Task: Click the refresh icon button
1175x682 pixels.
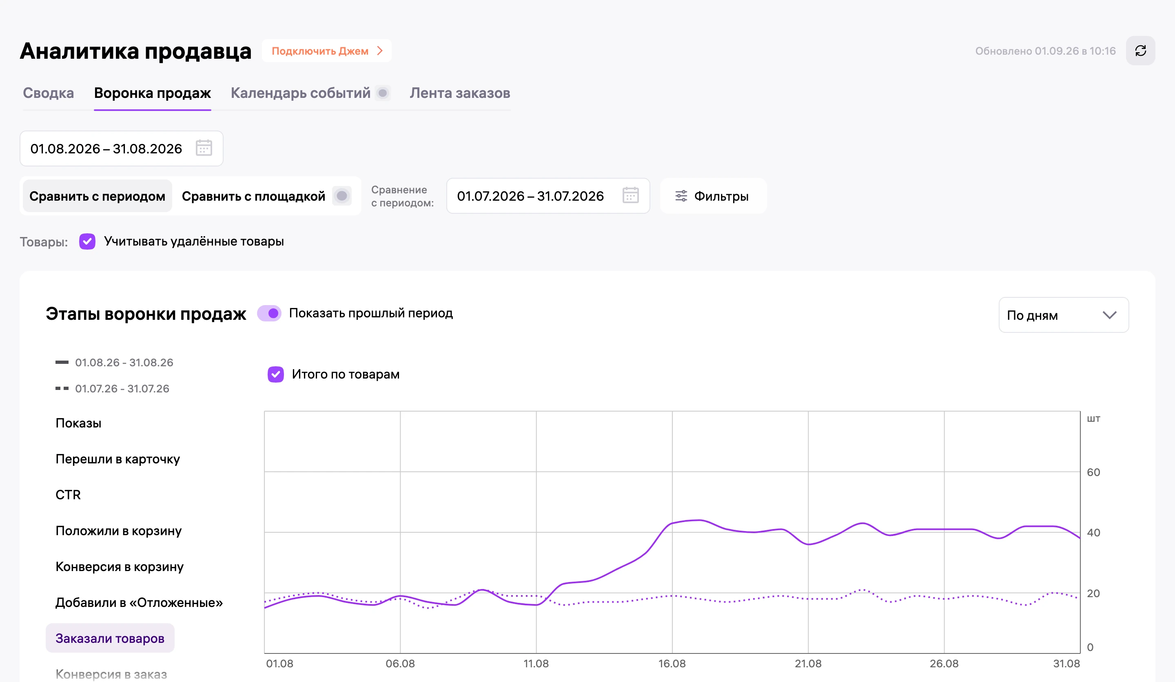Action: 1140,51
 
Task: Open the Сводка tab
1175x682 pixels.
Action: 49,93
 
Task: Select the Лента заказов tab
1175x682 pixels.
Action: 460,93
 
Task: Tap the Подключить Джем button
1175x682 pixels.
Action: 327,51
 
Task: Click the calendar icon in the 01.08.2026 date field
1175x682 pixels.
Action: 204,148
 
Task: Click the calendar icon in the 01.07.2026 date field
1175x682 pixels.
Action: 630,196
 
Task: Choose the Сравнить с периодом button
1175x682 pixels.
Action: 98,196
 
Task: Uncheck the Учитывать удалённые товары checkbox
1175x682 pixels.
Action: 87,241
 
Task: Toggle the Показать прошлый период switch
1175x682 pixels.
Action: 270,313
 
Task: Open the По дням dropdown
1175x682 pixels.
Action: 1064,315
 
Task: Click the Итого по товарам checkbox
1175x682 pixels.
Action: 275,374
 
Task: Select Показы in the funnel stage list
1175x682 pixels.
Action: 78,423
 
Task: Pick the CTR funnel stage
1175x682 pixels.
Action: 68,495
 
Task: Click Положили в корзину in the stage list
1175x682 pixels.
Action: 118,531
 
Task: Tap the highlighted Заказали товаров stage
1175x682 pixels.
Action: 110,638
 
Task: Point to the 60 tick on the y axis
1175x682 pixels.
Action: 1093,472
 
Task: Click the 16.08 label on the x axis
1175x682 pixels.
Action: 672,664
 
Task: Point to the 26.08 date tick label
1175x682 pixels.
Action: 944,664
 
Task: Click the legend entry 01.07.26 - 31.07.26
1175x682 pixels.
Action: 112,389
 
